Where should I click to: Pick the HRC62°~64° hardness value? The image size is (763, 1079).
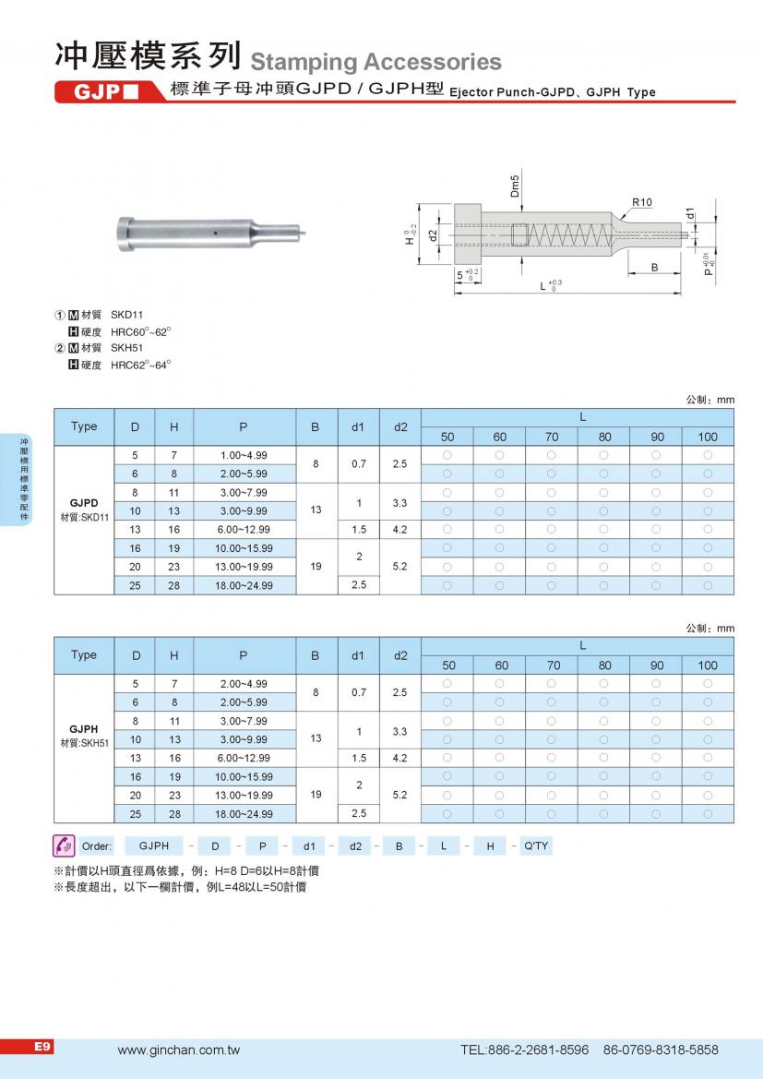point(141,365)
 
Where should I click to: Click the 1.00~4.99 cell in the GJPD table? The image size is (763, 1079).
point(244,455)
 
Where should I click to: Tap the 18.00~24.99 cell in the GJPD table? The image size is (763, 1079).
point(244,585)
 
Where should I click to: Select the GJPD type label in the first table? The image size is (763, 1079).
point(84,503)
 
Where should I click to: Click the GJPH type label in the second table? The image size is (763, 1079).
point(84,729)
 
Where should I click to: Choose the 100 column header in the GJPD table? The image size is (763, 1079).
point(708,437)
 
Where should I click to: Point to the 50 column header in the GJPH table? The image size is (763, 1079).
point(447,665)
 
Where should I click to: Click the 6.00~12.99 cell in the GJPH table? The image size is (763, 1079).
point(244,757)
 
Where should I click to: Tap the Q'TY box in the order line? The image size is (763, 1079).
point(535,845)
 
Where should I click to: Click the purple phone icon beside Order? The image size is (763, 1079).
point(64,845)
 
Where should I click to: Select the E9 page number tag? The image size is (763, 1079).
point(42,1047)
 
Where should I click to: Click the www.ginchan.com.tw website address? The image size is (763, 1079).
point(179,1050)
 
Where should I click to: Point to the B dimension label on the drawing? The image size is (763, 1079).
point(653,267)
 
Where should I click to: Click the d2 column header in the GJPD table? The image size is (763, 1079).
point(399,427)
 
